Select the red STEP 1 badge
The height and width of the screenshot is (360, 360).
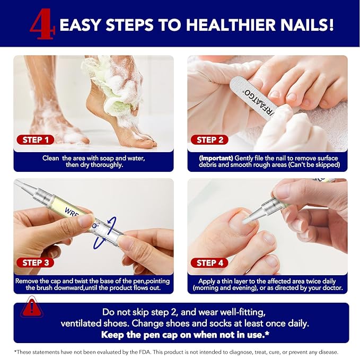coord(36,140)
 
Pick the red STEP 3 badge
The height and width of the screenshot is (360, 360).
coord(36,262)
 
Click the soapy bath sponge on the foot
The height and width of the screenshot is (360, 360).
coord(109,80)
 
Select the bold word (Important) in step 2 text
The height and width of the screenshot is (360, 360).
coord(217,158)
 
